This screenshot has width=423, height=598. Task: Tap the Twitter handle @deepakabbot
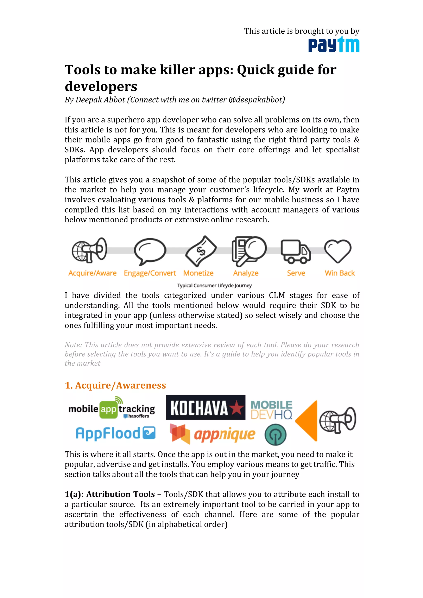pyautogui.click(x=257, y=100)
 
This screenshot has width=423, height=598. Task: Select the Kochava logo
pyautogui.click(x=205, y=407)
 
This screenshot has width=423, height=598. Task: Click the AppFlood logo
pyautogui.click(x=115, y=433)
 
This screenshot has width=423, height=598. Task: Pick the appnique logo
pyautogui.click(x=213, y=434)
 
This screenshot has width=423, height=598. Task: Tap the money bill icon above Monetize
pyautogui.click(x=201, y=251)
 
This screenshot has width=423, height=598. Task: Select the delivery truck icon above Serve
pyautogui.click(x=296, y=251)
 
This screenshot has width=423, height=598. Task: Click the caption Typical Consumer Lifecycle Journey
pyautogui.click(x=214, y=285)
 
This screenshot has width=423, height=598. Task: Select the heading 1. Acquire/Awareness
pyautogui.click(x=115, y=385)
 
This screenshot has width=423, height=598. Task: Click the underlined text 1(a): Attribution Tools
pyautogui.click(x=110, y=494)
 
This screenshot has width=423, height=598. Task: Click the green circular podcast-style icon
pyautogui.click(x=275, y=435)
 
